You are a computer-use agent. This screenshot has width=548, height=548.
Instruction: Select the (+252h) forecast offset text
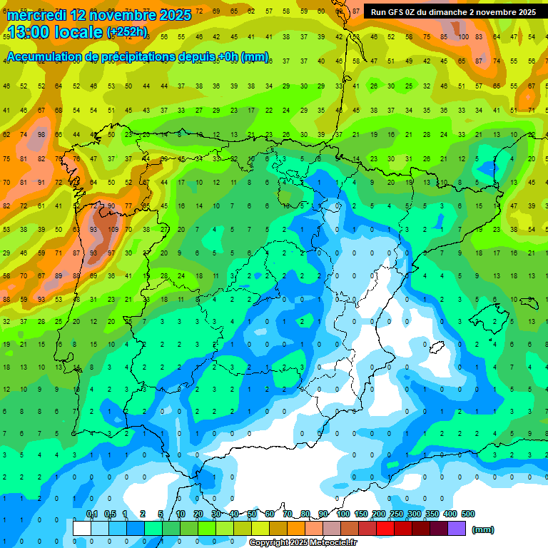(x=127, y=32)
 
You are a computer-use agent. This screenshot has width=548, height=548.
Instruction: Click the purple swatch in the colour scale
(x=457, y=529)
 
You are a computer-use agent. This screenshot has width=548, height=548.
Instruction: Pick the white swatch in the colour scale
(x=82, y=529)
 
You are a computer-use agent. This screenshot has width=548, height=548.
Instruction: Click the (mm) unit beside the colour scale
(x=483, y=529)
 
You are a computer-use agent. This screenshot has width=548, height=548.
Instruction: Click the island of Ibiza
(x=437, y=347)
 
